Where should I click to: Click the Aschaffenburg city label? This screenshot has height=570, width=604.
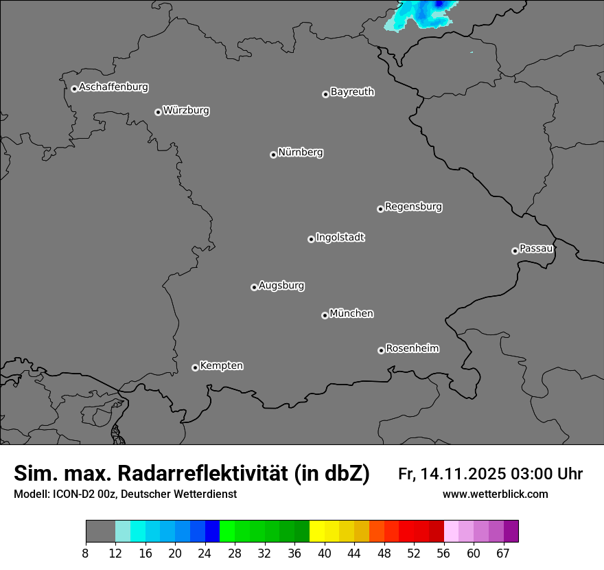[113, 87]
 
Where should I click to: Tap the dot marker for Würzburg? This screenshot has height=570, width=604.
[158, 112]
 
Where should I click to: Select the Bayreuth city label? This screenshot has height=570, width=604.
[352, 91]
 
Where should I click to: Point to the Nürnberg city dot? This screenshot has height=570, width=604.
[273, 155]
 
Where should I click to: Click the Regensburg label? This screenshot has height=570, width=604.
[413, 206]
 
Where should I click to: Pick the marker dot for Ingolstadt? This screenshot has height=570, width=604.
[311, 239]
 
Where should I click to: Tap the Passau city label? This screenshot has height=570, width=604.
[536, 248]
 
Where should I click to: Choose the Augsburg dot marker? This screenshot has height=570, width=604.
[254, 287]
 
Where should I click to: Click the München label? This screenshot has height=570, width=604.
[351, 313]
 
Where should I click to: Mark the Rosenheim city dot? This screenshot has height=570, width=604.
[381, 351]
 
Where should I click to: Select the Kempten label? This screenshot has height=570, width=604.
[221, 365]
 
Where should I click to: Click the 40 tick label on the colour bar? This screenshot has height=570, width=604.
[324, 554]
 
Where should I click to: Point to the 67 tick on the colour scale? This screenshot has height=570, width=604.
[503, 554]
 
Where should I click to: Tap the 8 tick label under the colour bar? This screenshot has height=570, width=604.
[86, 554]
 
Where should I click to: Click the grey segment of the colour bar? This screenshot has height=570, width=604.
[100, 532]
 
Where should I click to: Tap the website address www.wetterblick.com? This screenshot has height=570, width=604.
[495, 494]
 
